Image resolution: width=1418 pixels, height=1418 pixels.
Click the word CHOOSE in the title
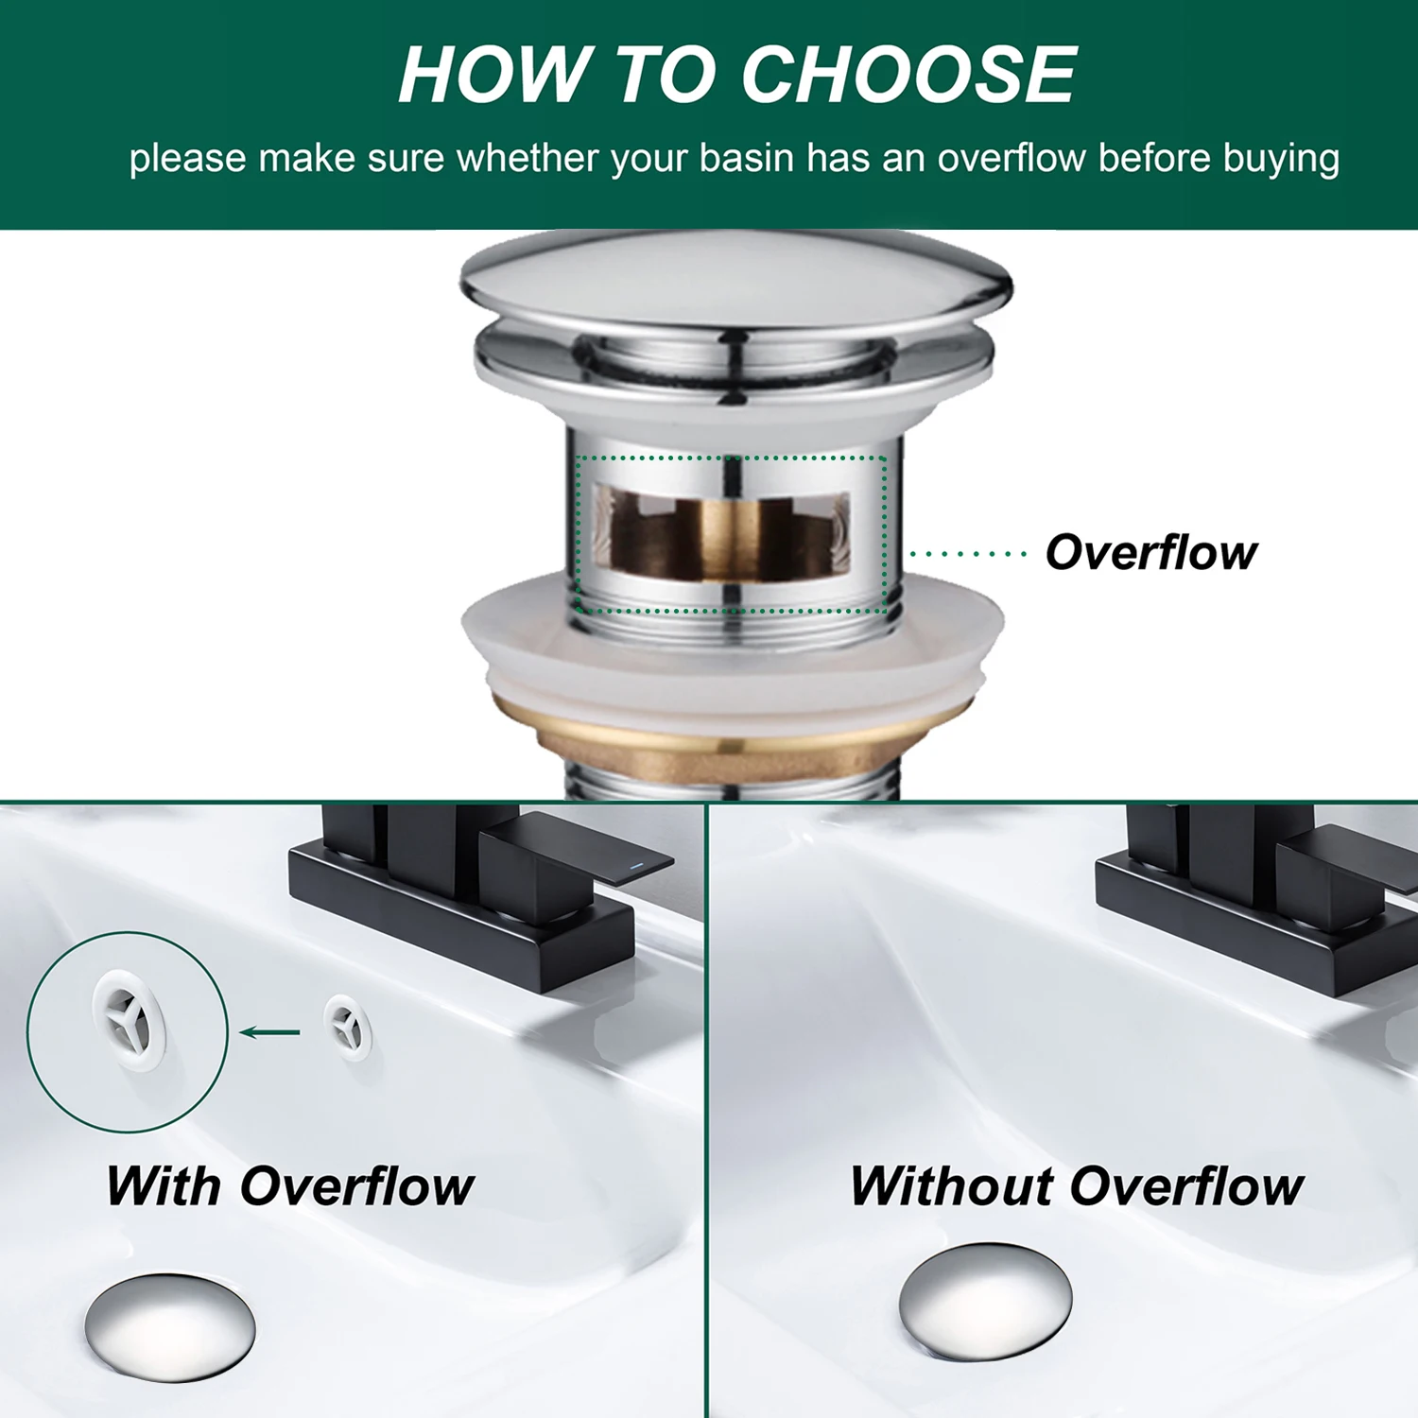coord(908,75)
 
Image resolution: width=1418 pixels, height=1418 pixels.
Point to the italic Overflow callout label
coord(1151,552)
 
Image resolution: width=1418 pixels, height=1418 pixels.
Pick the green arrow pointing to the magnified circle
coord(270,1031)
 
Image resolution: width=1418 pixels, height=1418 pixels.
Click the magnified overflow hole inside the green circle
coord(129,1023)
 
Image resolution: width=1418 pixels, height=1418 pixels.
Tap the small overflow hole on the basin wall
coord(348,1027)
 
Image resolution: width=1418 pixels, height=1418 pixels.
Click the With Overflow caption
coord(289,1185)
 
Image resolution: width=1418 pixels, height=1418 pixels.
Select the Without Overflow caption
coord(1077,1185)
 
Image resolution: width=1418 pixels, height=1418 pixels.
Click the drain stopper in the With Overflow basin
coord(169,1326)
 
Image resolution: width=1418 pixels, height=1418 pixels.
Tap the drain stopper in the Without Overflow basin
coord(985,1302)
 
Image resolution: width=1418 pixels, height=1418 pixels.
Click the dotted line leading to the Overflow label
coord(968,554)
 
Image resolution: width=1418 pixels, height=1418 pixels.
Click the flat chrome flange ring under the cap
coord(735,364)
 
